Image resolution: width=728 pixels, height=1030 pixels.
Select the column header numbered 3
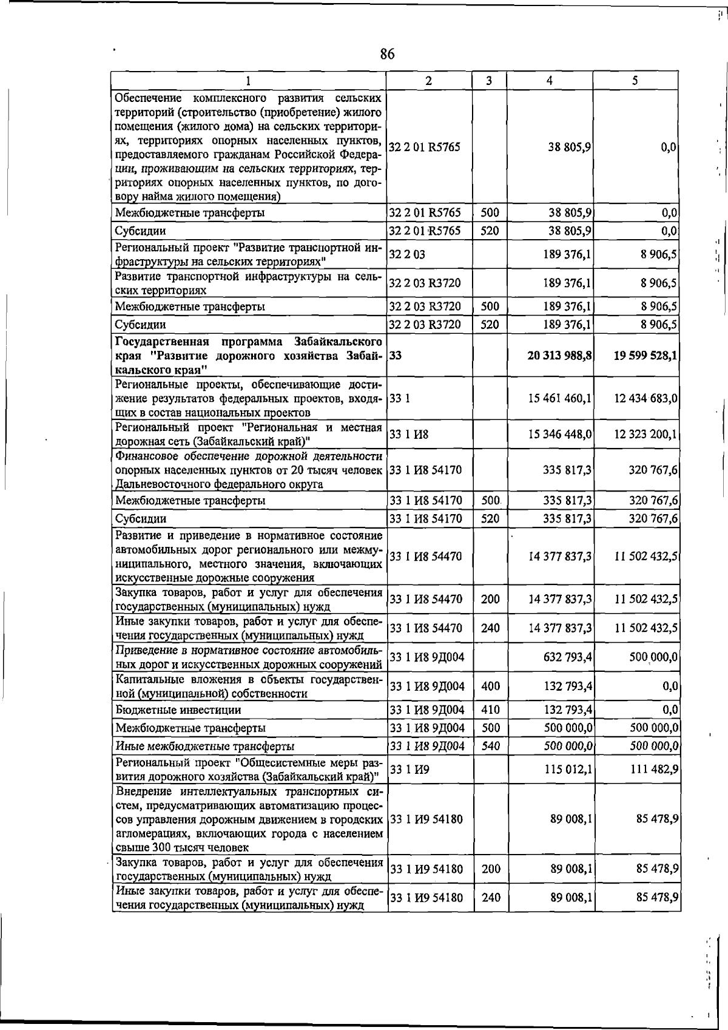pyautogui.click(x=489, y=81)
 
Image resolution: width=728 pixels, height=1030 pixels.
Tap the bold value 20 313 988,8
pyautogui.click(x=560, y=356)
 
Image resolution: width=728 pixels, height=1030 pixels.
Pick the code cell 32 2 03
pyautogui.click(x=407, y=255)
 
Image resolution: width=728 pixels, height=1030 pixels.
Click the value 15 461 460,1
pyautogui.click(x=561, y=399)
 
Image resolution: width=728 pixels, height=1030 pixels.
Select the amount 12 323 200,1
pyautogui.click(x=647, y=435)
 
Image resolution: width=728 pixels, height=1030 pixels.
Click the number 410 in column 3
pyautogui.click(x=490, y=710)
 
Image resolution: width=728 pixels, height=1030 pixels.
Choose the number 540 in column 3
pyautogui.click(x=490, y=746)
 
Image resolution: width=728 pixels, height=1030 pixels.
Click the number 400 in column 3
pyautogui.click(x=490, y=686)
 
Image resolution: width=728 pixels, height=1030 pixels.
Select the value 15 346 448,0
pyautogui.click(x=561, y=435)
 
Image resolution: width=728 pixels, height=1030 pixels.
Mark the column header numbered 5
pyautogui.click(x=635, y=81)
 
